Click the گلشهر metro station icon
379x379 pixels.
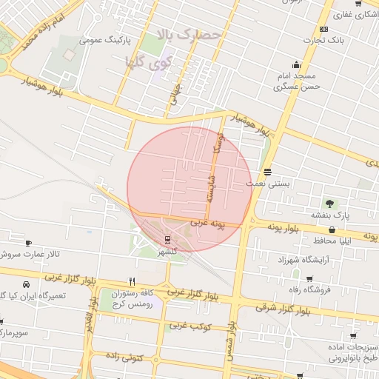[168, 239]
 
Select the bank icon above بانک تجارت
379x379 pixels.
[323, 28]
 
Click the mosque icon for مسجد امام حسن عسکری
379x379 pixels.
[297, 64]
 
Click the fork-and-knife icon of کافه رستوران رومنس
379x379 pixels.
[132, 281]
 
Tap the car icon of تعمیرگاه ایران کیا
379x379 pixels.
[27, 284]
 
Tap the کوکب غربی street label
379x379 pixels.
[191, 326]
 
